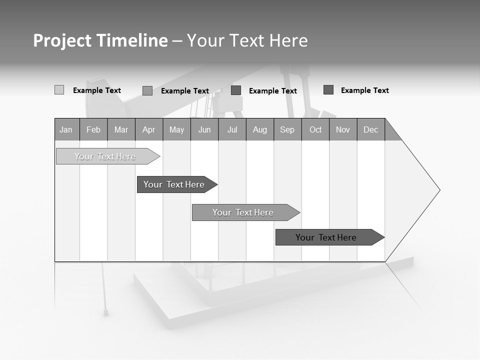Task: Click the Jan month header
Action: point(66,130)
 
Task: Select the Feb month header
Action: point(93,130)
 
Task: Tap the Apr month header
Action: point(148,130)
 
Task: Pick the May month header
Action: point(176,130)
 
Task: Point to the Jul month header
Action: point(232,130)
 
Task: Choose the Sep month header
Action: point(287,130)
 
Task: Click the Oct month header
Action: point(315,130)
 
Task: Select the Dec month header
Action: point(370,130)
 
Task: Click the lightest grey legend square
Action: point(59,90)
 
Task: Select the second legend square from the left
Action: point(147,90)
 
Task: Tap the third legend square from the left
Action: point(236,90)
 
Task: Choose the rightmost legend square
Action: point(328,90)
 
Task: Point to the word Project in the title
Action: point(61,40)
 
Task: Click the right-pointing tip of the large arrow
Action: point(438,190)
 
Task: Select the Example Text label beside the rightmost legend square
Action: point(364,90)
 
